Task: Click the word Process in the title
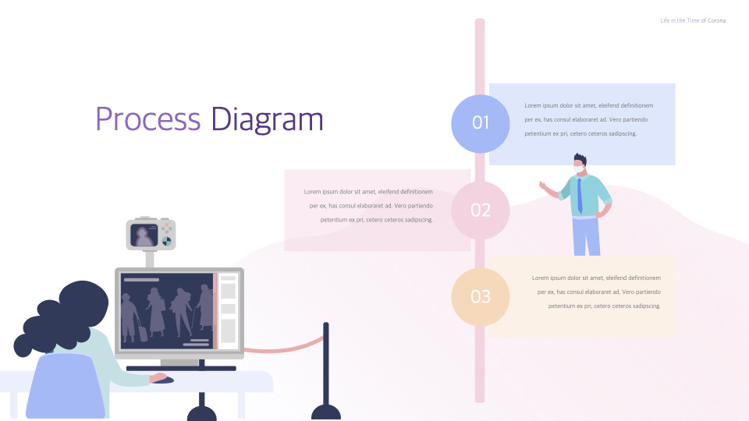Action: (x=147, y=120)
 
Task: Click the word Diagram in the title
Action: (x=267, y=120)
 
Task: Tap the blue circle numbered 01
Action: (x=481, y=123)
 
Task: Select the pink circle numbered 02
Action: (x=481, y=210)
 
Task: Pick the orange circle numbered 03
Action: (x=481, y=297)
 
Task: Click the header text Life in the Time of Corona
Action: (x=693, y=20)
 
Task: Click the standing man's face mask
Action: (x=578, y=166)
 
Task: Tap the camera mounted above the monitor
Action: (x=151, y=234)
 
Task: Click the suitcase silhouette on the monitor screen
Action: (x=144, y=333)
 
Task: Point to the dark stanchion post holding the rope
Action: (x=325, y=366)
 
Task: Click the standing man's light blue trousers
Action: (x=586, y=237)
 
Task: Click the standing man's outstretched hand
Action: (x=543, y=186)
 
